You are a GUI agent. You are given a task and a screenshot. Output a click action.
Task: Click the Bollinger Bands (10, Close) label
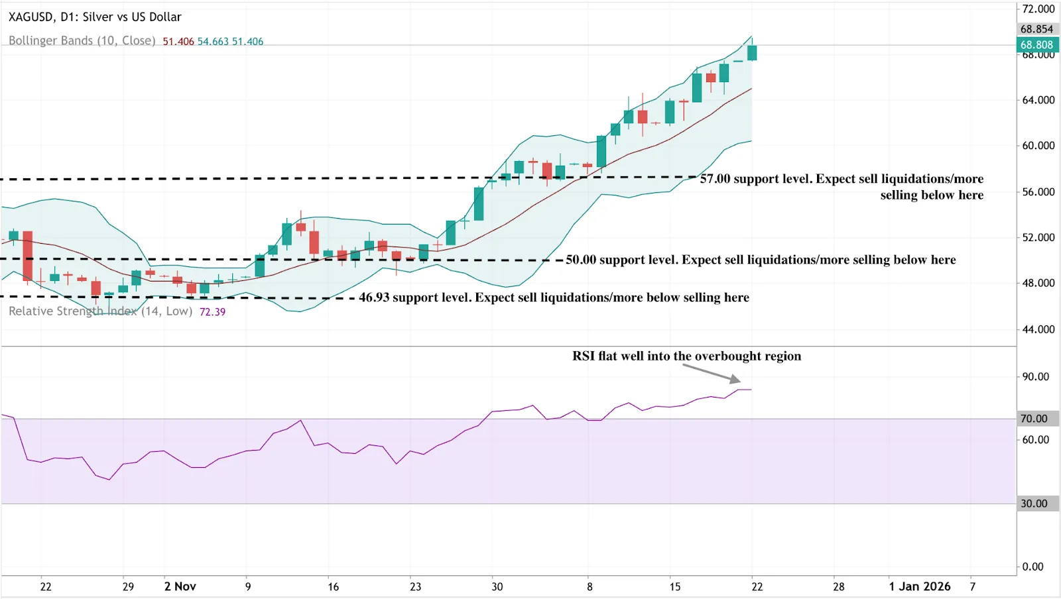click(x=82, y=40)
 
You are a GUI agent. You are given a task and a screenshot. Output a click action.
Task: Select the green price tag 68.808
click(x=1036, y=45)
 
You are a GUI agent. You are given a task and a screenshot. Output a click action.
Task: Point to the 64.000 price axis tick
click(x=1038, y=100)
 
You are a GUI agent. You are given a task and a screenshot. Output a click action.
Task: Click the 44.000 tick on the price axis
click(x=1038, y=329)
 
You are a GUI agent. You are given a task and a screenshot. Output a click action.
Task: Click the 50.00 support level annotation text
click(x=761, y=260)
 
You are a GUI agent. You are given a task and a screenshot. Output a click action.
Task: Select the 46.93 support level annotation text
click(x=554, y=298)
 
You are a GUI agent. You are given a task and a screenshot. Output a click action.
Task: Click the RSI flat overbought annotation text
click(x=686, y=356)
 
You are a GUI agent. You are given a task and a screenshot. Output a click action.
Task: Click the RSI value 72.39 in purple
click(x=212, y=312)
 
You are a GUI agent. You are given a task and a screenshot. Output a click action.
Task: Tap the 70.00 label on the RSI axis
click(x=1034, y=419)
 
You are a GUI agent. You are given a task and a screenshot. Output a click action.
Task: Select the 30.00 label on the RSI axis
click(x=1034, y=504)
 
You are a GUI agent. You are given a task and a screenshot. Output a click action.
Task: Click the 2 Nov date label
click(x=180, y=586)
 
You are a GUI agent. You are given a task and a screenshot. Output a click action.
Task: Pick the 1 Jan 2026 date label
click(x=919, y=586)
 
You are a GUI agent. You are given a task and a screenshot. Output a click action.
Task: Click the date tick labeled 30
click(x=497, y=586)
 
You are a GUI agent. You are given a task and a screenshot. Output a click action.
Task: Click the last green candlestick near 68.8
click(x=752, y=52)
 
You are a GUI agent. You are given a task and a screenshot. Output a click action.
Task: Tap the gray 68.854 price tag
click(x=1036, y=29)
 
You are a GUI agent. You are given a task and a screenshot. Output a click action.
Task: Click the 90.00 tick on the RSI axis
click(x=1035, y=376)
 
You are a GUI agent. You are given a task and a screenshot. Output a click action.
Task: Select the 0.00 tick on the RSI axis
click(x=1032, y=567)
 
